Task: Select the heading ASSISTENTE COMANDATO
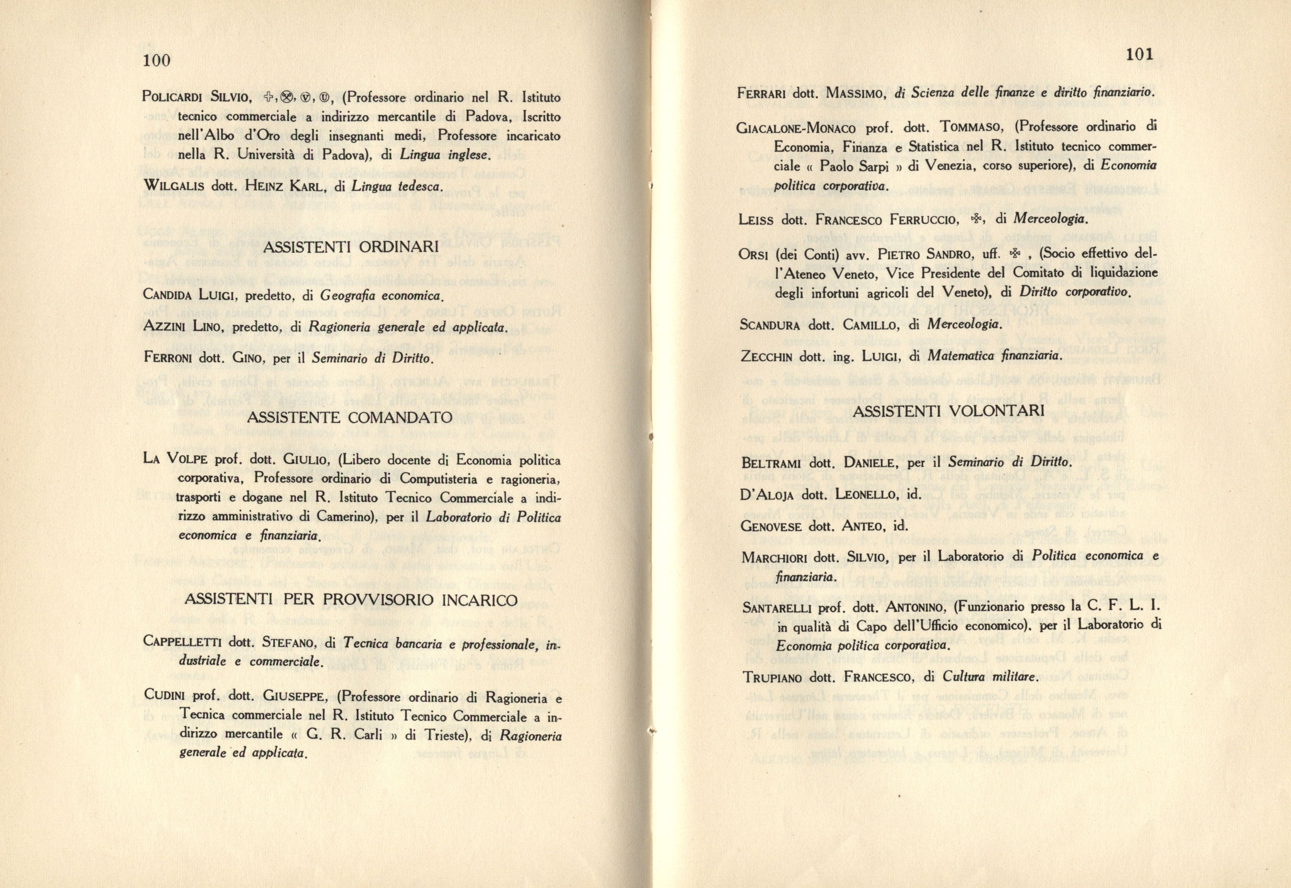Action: click(x=348, y=417)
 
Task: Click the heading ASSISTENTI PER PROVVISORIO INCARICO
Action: click(x=351, y=600)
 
